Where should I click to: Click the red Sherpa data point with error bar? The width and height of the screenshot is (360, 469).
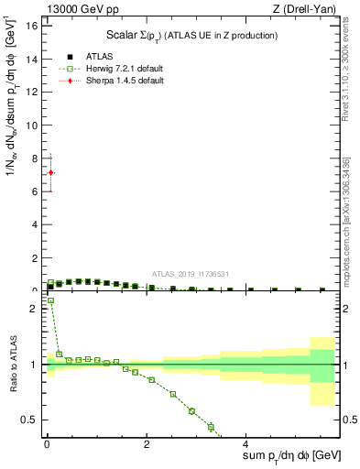tap(50, 172)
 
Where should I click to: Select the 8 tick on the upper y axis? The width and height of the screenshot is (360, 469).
tap(34, 158)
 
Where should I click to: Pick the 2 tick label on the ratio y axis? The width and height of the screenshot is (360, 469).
tap(34, 309)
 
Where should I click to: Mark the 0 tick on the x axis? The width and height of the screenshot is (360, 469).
tap(46, 446)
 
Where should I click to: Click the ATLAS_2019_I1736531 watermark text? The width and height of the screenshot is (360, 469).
tap(190, 274)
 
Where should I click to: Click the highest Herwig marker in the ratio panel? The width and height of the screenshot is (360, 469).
tap(50, 300)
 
